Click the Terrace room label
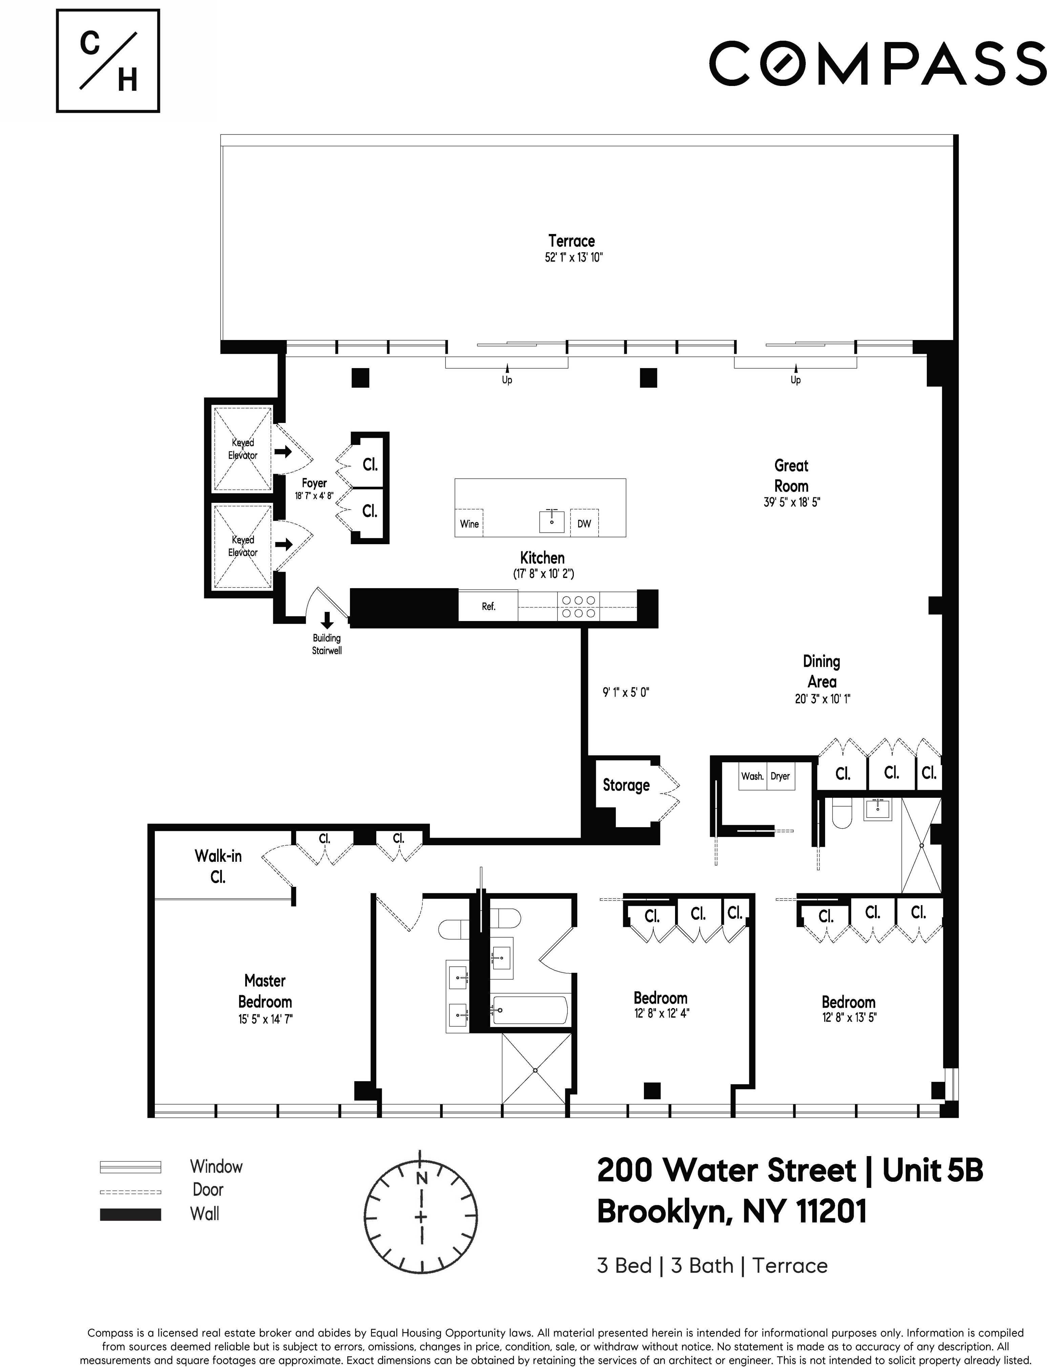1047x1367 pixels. (571, 241)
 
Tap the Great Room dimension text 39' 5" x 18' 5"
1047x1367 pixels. (792, 502)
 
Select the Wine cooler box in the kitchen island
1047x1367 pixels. (469, 524)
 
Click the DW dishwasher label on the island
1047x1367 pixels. (584, 524)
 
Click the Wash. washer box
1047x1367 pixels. (752, 776)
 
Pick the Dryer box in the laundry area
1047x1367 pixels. (780, 776)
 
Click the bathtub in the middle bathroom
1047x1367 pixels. (530, 1010)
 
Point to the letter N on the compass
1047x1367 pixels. (422, 1178)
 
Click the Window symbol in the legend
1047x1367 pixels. (130, 1167)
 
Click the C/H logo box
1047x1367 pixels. (108, 61)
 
